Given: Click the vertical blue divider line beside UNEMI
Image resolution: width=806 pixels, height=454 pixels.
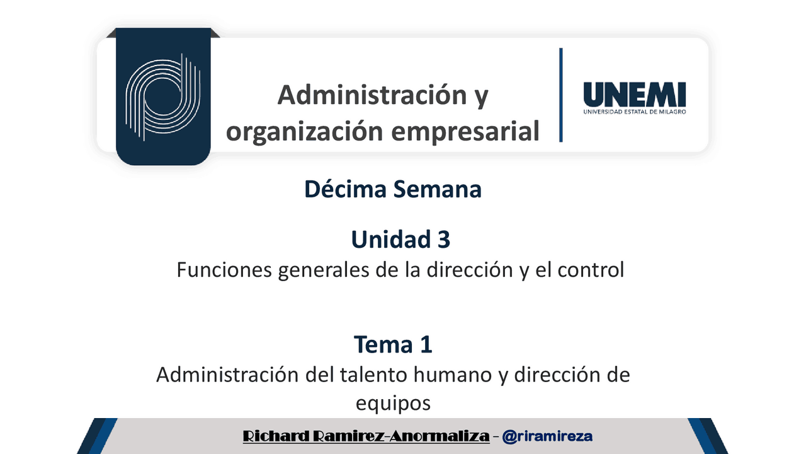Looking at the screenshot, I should (x=560, y=95).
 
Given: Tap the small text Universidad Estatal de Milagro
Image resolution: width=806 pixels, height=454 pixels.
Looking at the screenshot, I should (x=634, y=112).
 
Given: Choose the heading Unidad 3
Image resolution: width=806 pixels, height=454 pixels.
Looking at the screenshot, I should (x=400, y=240).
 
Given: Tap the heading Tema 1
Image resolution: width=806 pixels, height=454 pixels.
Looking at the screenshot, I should (x=393, y=344).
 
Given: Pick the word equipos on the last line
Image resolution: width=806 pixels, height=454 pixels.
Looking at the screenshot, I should (x=393, y=403).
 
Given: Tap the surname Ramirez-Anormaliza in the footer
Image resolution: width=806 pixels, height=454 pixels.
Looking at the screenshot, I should (x=404, y=436).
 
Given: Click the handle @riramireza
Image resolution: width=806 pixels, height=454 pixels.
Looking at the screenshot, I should (x=547, y=436).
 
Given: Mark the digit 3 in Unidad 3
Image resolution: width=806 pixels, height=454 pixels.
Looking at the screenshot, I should (x=443, y=240).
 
